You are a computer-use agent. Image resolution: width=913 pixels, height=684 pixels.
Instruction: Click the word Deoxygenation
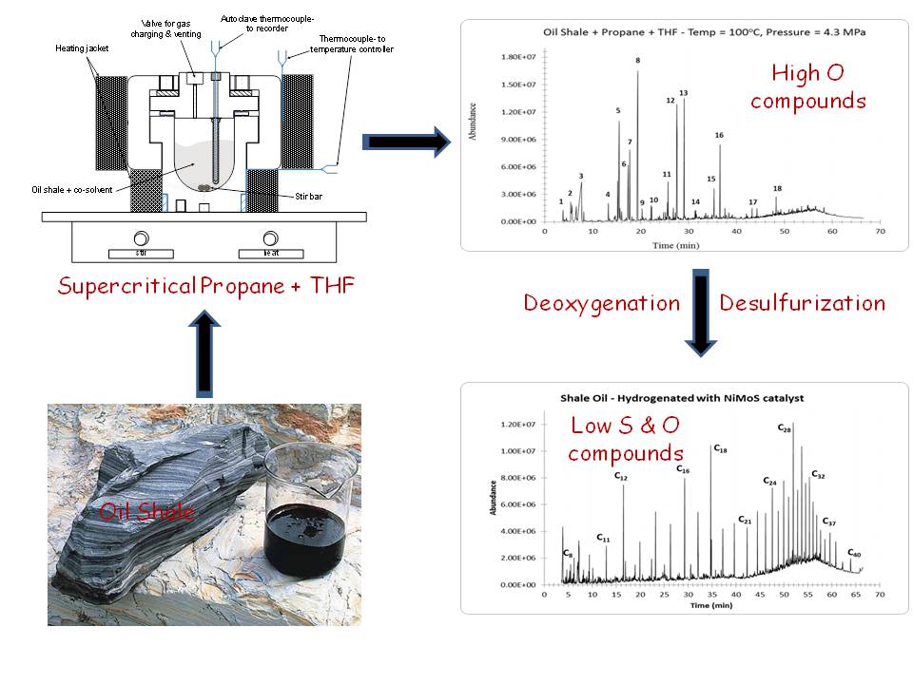[x=602, y=303]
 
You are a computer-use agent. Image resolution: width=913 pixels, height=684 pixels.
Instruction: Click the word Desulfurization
[x=802, y=303]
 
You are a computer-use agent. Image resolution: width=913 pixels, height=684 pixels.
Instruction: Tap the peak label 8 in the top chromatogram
[x=637, y=61]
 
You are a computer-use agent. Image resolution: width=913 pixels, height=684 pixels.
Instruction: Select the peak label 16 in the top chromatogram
[x=719, y=136]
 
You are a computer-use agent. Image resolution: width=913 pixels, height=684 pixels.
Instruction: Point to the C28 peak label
[x=785, y=430]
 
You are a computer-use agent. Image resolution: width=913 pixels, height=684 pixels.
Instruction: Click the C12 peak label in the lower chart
[x=620, y=477]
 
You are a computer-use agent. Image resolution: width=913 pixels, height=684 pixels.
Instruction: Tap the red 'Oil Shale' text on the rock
[x=146, y=512]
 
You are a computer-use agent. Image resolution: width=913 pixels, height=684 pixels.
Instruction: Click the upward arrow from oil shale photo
[x=204, y=356]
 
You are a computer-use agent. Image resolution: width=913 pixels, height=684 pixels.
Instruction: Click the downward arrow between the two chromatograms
[x=700, y=314]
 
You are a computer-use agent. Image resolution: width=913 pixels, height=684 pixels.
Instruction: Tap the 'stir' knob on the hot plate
[x=141, y=238]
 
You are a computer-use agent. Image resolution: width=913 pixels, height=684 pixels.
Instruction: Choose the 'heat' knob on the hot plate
[x=271, y=238]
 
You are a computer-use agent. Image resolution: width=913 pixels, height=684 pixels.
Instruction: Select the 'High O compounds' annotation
[x=808, y=86]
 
